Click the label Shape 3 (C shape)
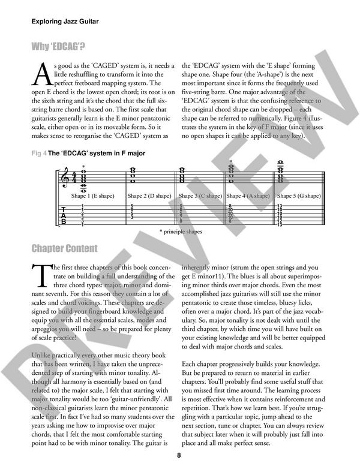pyautogui.click(x=200, y=196)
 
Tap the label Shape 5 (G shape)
pyautogui.click(x=301, y=196)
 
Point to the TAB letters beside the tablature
pyautogui.click(x=64, y=215)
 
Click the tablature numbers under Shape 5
pyautogui.click(x=280, y=215)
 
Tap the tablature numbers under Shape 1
pyautogui.click(x=82, y=215)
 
